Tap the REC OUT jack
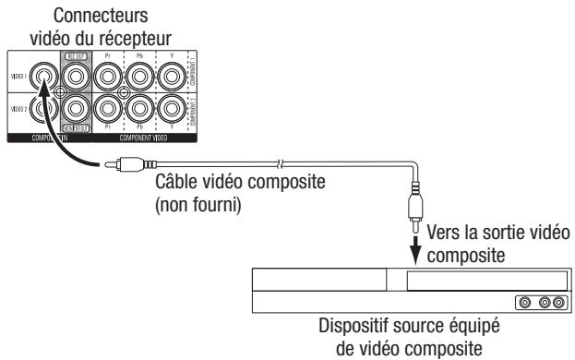click(x=76, y=76)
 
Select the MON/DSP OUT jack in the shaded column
click(x=76, y=114)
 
